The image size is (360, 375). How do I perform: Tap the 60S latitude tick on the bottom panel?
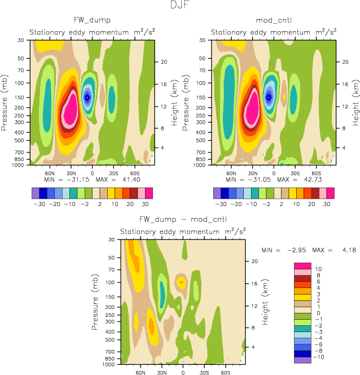(224, 373)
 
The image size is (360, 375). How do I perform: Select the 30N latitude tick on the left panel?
(71, 173)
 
